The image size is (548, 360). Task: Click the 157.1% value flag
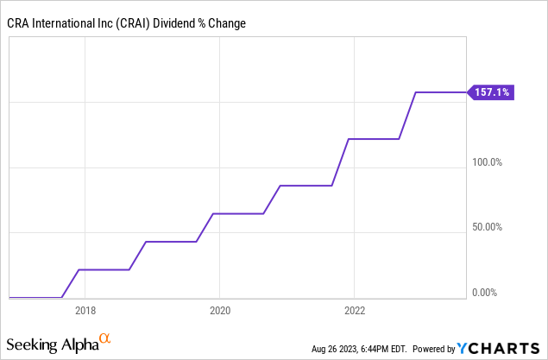tap(492, 92)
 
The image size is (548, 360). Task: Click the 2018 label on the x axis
tap(85, 311)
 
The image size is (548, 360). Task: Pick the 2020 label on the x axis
tap(219, 311)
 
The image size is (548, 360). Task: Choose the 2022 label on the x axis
tap(355, 311)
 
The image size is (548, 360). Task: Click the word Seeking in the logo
tap(33, 345)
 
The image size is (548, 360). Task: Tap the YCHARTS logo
tap(501, 349)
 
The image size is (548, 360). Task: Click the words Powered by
tap(433, 350)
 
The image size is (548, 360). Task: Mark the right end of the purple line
tap(465, 92)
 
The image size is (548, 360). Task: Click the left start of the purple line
tap(9, 298)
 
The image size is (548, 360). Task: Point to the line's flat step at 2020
tap(237, 213)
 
